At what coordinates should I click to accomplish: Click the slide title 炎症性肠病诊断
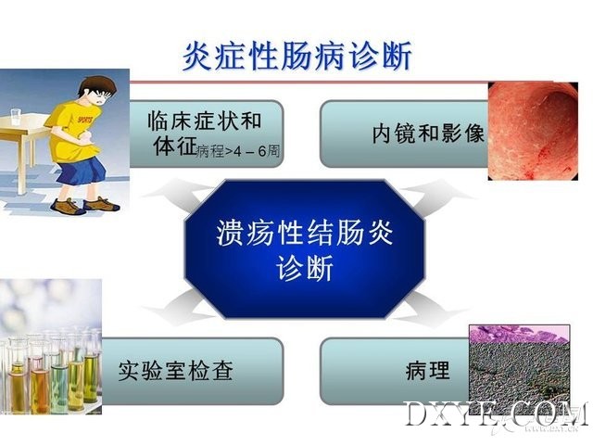pyautogui.click(x=296, y=56)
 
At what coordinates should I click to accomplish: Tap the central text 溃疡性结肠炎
pyautogui.click(x=305, y=233)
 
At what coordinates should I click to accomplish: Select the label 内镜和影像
pyautogui.click(x=428, y=133)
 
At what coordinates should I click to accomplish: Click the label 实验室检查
pyautogui.click(x=175, y=371)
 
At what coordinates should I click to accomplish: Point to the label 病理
pyautogui.click(x=428, y=370)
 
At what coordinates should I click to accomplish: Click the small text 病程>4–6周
pyautogui.click(x=238, y=151)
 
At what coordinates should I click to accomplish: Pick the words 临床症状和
pyautogui.click(x=204, y=121)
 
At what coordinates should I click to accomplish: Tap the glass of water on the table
pyautogui.click(x=16, y=117)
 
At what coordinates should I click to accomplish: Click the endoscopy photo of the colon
pyautogui.click(x=533, y=131)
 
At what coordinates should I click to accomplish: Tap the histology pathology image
pyautogui.click(x=519, y=365)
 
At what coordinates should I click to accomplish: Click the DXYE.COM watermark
pyautogui.click(x=497, y=414)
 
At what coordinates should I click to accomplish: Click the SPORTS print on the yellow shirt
pyautogui.click(x=84, y=121)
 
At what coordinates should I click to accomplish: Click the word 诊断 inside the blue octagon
pyautogui.click(x=305, y=268)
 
